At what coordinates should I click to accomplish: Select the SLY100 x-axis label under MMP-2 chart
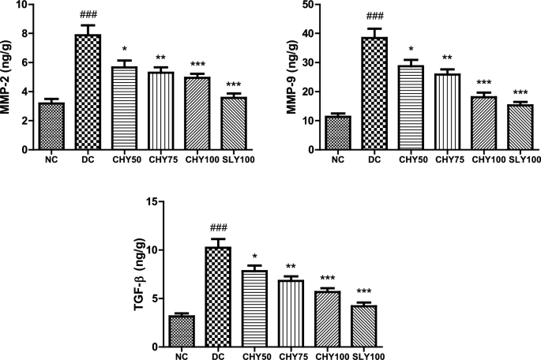pos(230,161)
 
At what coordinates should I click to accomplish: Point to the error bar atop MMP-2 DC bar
pos(88,28)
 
